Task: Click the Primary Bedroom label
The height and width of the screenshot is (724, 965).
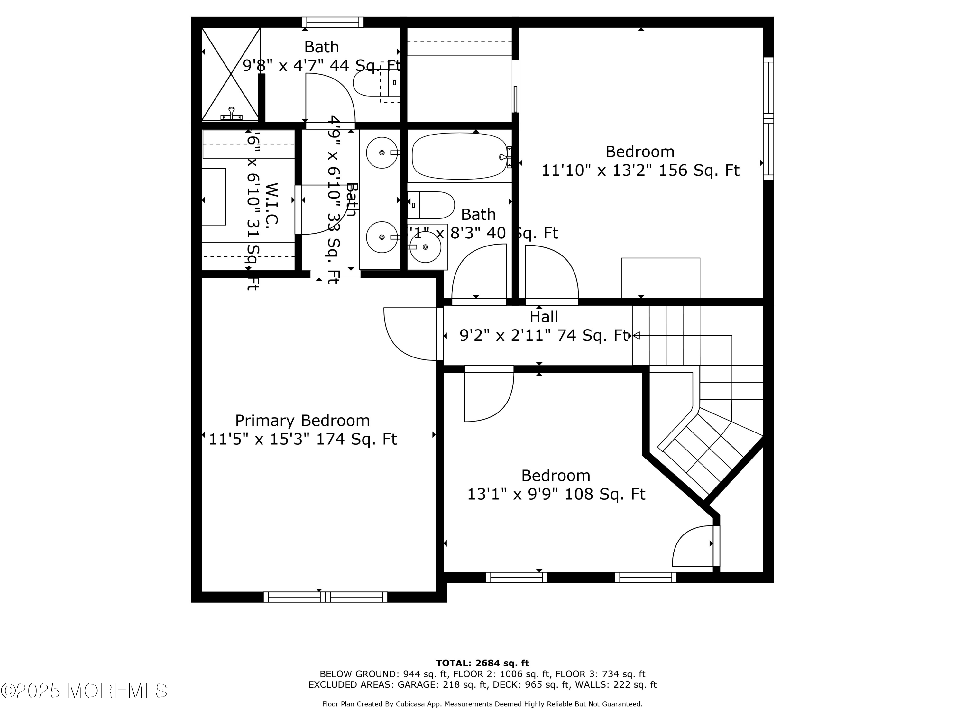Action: (302, 421)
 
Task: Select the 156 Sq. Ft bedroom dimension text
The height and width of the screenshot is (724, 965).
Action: (640, 171)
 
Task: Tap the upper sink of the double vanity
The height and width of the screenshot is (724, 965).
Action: (382, 153)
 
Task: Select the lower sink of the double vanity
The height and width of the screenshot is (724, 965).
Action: (382, 237)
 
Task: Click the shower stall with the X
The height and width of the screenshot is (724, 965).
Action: (231, 73)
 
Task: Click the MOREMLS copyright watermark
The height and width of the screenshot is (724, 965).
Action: (84, 691)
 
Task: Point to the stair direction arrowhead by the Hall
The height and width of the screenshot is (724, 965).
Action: (636, 336)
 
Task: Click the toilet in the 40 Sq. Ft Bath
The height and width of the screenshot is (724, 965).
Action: (431, 205)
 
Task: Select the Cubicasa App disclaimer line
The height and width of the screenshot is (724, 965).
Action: (482, 704)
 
